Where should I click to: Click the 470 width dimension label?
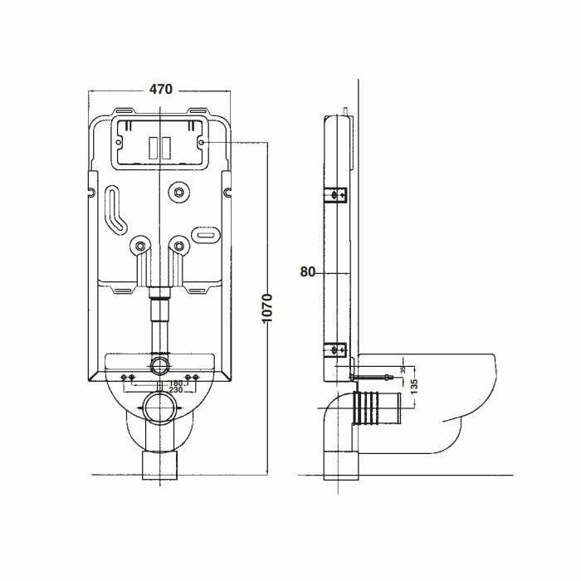(x=159, y=90)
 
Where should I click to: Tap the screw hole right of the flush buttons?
(x=203, y=143)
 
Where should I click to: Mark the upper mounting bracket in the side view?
(x=336, y=196)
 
